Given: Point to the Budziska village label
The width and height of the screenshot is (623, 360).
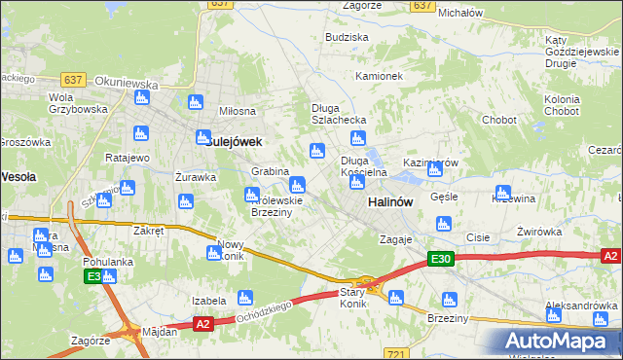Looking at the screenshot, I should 348,36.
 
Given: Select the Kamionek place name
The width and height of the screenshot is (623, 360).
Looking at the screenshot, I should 379,75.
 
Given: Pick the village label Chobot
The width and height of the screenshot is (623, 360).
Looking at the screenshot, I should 498,120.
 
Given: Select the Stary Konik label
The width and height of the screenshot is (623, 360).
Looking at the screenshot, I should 351,298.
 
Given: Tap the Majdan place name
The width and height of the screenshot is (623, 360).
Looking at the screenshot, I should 160,332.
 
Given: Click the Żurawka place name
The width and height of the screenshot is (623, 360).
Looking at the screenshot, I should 195,177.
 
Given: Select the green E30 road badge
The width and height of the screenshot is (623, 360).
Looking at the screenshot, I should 441,259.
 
